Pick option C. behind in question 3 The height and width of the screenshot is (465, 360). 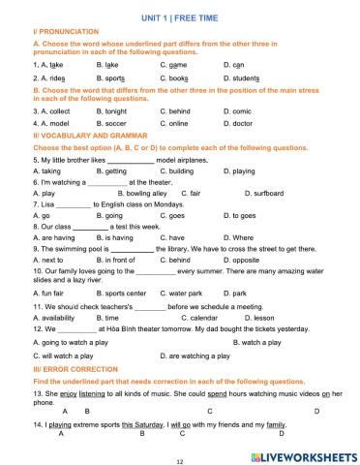[175, 110]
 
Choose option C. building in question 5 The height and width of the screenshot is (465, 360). [177, 170]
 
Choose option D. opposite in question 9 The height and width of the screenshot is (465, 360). [241, 261]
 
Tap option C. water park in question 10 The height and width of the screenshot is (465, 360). [181, 293]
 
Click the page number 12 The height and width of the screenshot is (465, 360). [179, 459]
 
